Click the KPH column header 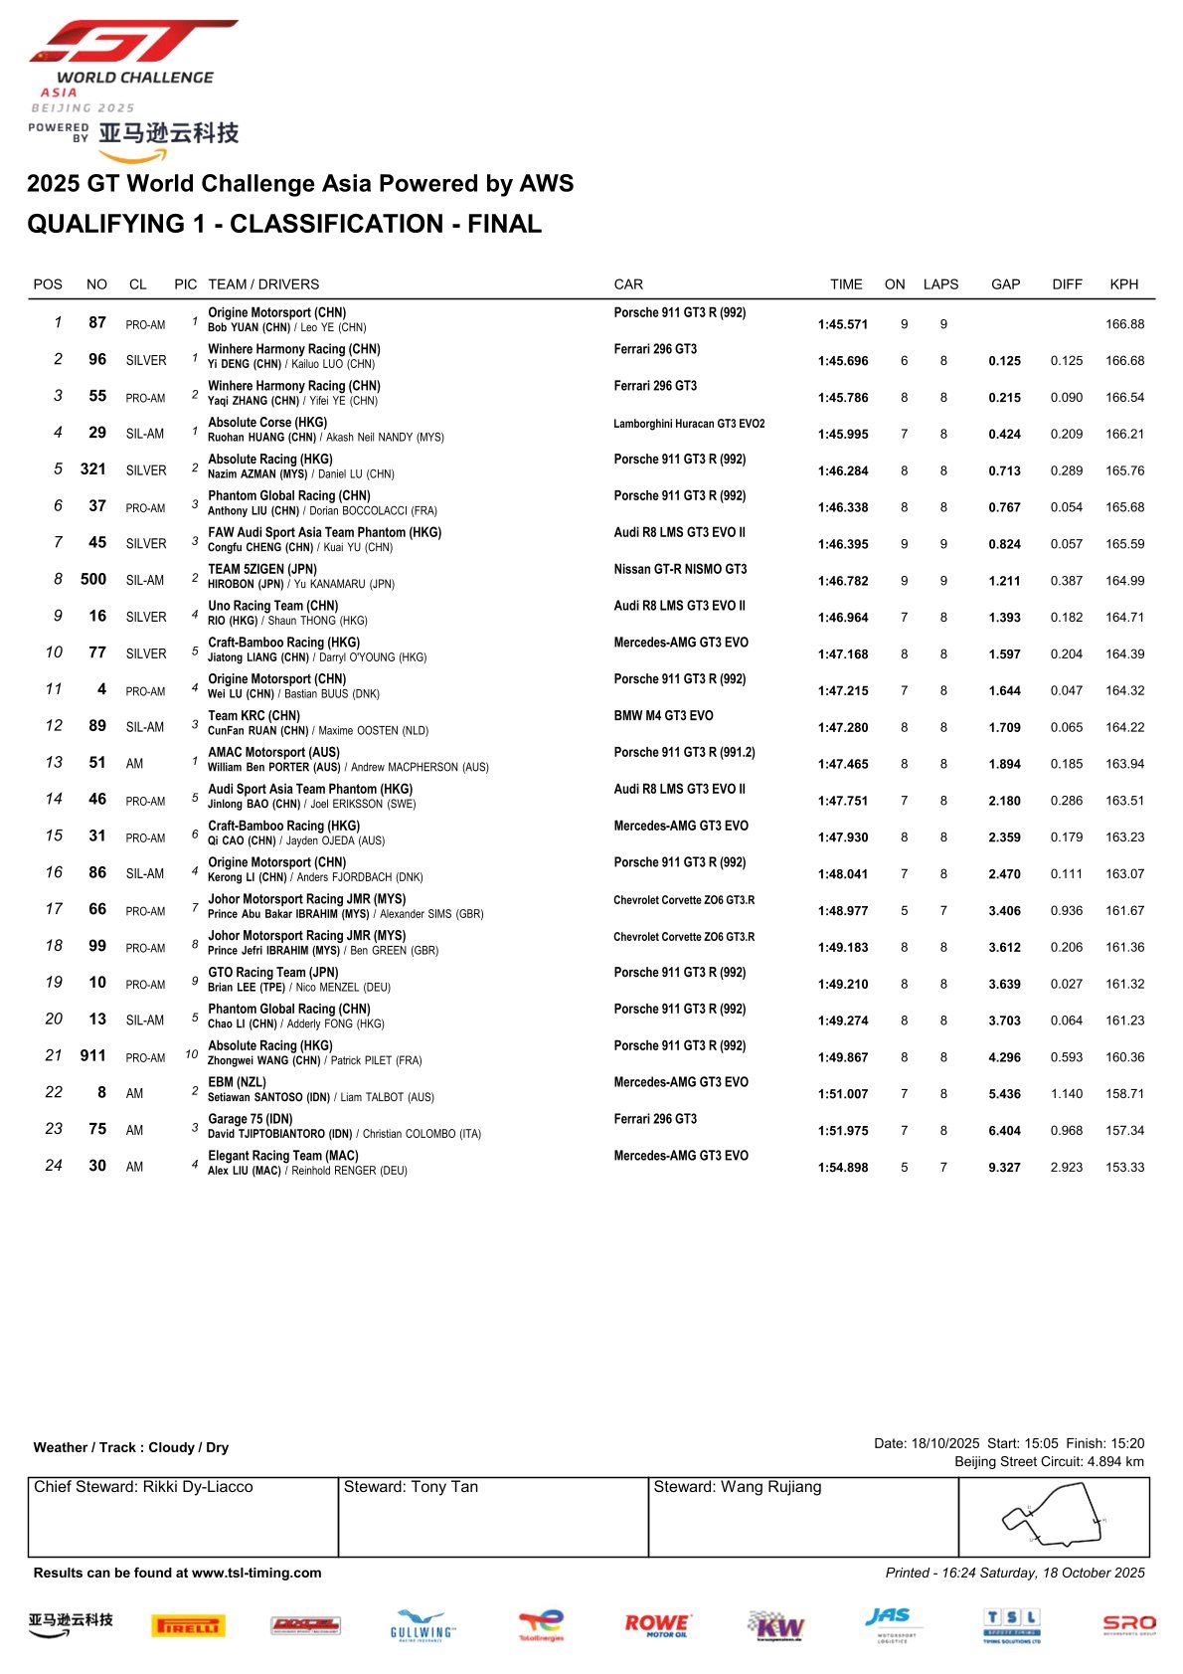1123,284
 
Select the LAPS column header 940,284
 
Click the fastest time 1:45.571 843,324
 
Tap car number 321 93,469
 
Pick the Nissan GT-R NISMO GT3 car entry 680,570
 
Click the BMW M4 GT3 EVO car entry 663,716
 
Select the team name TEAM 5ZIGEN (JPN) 262,570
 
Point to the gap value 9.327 1004,1168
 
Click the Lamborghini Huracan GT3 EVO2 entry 689,424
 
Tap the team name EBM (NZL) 237,1082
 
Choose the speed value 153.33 1124,1168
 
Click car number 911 93,1056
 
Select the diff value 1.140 1067,1094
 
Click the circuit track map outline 1054,1516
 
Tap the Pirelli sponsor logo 188,1626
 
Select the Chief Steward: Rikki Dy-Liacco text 143,1488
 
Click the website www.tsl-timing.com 256,1574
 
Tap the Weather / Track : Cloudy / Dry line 131,1448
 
